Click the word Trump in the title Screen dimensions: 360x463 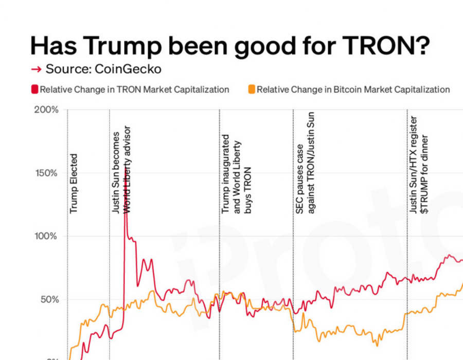113,46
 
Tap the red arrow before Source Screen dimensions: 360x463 36,69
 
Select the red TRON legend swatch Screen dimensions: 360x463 35,89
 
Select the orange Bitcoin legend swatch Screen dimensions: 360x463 252,89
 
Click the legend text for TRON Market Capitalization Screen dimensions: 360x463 134,89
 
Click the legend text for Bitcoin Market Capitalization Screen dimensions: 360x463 353,89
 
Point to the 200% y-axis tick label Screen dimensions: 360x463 46,110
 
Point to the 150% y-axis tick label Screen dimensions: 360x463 46,173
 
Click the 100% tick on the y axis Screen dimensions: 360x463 46,237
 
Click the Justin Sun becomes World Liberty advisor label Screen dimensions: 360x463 122,170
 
